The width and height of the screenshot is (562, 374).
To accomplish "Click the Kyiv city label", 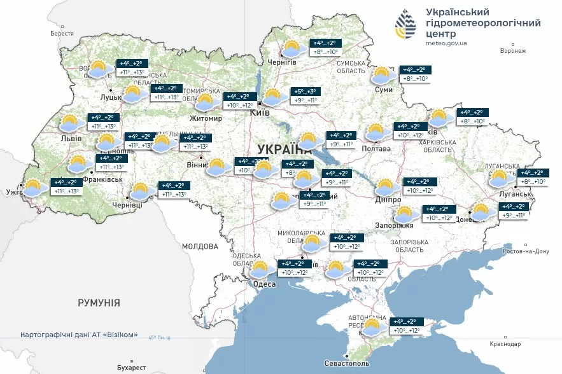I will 260,113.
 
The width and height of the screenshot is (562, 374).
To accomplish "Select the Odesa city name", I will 263,284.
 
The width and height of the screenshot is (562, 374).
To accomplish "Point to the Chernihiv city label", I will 283,62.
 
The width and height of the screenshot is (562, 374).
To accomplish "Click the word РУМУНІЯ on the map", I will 99,303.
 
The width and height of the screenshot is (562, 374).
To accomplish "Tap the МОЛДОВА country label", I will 200,246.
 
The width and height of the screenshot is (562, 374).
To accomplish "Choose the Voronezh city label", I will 514,51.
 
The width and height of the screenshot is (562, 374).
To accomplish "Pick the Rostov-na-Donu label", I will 525,251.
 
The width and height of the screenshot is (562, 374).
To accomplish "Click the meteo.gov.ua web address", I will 447,43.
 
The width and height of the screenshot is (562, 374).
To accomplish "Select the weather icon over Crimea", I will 373,327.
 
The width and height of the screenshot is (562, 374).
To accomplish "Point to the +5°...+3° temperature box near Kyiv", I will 306,92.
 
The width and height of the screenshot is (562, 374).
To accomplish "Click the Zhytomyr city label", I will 206,118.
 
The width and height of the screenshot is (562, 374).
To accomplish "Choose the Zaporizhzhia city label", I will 398,225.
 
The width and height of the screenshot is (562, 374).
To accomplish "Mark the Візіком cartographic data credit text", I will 79,335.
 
